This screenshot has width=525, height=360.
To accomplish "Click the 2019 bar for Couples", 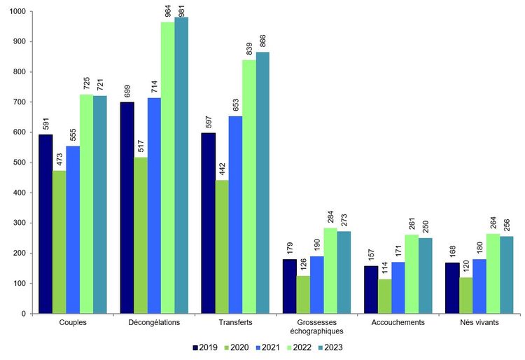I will pos(45,224).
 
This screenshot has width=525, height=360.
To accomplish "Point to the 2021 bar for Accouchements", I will pos(398,287).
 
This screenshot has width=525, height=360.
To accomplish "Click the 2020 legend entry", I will pos(236,347).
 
